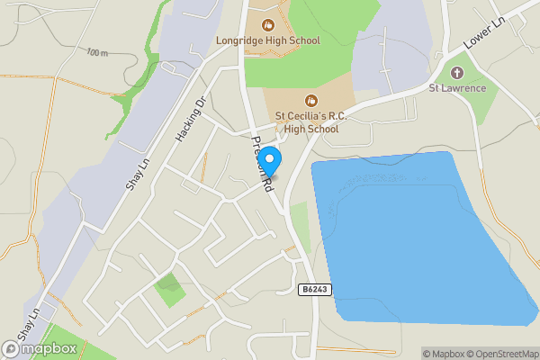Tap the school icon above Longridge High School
pyautogui.click(x=267, y=24)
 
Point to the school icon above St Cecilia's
pyautogui.click(x=310, y=99)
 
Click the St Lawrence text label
pyautogui.click(x=457, y=87)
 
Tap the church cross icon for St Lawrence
pyautogui.click(x=457, y=71)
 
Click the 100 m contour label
pyautogui.click(x=98, y=53)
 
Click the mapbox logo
pyautogui.click(x=40, y=348)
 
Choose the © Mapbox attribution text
pyautogui.click(x=441, y=354)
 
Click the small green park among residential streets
pyautogui.click(x=168, y=289)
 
